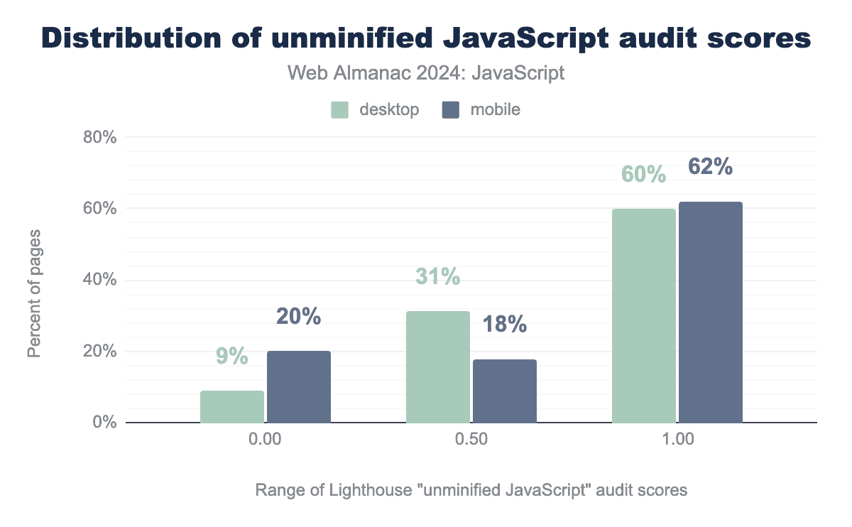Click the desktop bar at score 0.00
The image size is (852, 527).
pyautogui.click(x=232, y=406)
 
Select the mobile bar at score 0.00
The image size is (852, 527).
pyautogui.click(x=299, y=387)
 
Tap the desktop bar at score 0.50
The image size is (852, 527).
pyautogui.click(x=438, y=367)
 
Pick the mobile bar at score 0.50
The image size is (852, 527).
pyautogui.click(x=505, y=391)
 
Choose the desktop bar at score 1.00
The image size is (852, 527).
pyautogui.click(x=644, y=315)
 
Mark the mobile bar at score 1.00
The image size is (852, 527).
pyautogui.click(x=711, y=312)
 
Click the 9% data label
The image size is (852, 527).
pyautogui.click(x=232, y=356)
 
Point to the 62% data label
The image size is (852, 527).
pyautogui.click(x=710, y=167)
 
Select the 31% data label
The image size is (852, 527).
pyautogui.click(x=437, y=277)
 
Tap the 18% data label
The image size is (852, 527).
pyautogui.click(x=505, y=325)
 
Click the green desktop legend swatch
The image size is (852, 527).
pyautogui.click(x=339, y=109)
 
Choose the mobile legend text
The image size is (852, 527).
pyautogui.click(x=496, y=109)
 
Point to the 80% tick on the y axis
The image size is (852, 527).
pyautogui.click(x=99, y=137)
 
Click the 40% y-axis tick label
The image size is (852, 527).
pyautogui.click(x=99, y=280)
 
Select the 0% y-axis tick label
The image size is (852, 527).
pyautogui.click(x=105, y=423)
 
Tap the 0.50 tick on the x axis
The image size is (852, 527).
pyautogui.click(x=471, y=440)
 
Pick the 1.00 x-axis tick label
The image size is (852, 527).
pyautogui.click(x=677, y=440)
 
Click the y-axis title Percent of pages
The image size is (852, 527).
pyautogui.click(x=34, y=293)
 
